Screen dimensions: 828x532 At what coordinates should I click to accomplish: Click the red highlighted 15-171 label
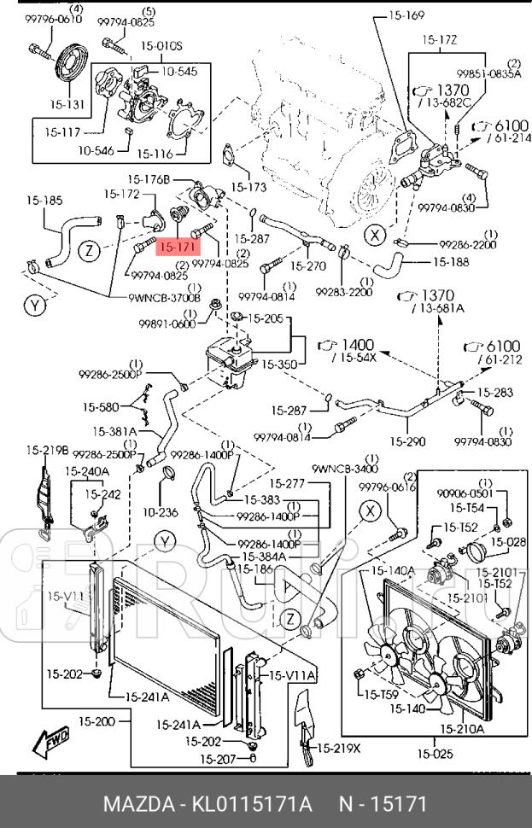click(x=178, y=247)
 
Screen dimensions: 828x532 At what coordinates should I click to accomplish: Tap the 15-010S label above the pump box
click(x=161, y=45)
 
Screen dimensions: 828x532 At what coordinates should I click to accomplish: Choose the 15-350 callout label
click(x=278, y=363)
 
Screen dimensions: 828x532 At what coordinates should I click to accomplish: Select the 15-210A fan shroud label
click(x=462, y=728)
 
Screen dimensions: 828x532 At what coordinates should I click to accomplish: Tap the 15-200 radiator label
click(x=96, y=722)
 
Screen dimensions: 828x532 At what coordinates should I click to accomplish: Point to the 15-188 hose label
click(x=450, y=261)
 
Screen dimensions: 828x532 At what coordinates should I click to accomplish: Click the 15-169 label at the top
click(x=406, y=15)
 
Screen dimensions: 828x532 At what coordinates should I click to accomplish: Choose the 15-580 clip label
click(x=101, y=406)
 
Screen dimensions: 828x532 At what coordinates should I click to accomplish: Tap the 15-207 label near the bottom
click(x=219, y=759)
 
